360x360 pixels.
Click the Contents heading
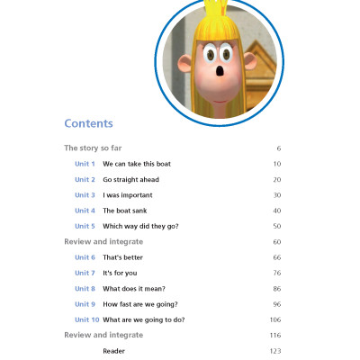pyautogui.click(x=88, y=123)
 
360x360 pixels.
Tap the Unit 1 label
pyautogui.click(x=85, y=164)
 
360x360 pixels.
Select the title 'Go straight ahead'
pyautogui.click(x=130, y=179)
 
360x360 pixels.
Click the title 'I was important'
pyautogui.click(x=128, y=194)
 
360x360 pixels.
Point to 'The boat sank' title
pyautogui.click(x=126, y=211)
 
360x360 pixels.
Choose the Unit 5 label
pyautogui.click(x=85, y=226)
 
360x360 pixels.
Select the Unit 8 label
pyautogui.click(x=85, y=288)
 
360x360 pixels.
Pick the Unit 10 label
pyautogui.click(x=86, y=319)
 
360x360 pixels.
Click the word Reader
pyautogui.click(x=114, y=350)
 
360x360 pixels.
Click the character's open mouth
pyautogui.click(x=219, y=73)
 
